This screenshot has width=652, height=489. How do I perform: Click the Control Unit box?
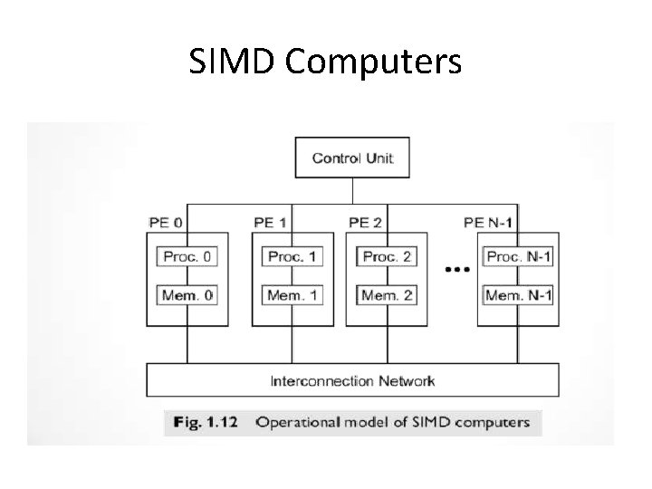(352, 158)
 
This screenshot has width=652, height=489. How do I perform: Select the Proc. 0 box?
(187, 256)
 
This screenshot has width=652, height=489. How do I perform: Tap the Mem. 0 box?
(187, 295)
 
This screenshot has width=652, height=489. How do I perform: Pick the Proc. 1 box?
(292, 256)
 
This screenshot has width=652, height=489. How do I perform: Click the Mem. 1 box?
(292, 295)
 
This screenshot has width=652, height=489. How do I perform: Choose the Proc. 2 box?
(387, 256)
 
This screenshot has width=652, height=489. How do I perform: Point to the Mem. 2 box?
(387, 295)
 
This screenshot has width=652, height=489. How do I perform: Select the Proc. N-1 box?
(519, 256)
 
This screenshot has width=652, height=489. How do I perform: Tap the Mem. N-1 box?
(519, 295)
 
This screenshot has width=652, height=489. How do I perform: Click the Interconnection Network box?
(352, 379)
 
